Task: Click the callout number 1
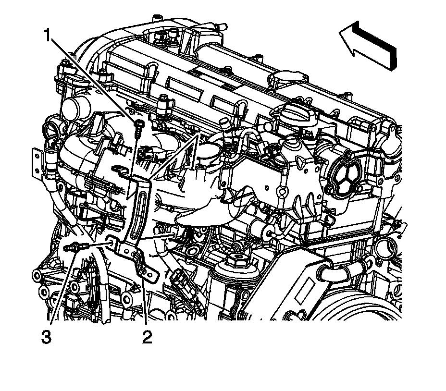(x=48, y=35)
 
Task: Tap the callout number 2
(x=147, y=337)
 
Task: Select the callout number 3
(x=46, y=337)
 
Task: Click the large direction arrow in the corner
(x=368, y=46)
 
